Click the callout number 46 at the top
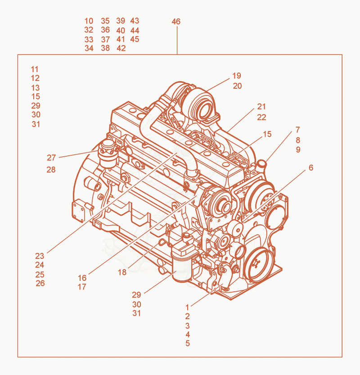click(x=176, y=22)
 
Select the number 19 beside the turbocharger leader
click(x=237, y=76)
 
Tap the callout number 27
click(x=51, y=158)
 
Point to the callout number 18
click(x=122, y=272)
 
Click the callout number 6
click(x=311, y=167)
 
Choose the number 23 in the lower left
click(x=40, y=256)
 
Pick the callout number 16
click(x=82, y=278)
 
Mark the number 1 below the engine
click(x=187, y=307)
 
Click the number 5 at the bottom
click(x=188, y=343)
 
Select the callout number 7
click(x=297, y=130)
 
